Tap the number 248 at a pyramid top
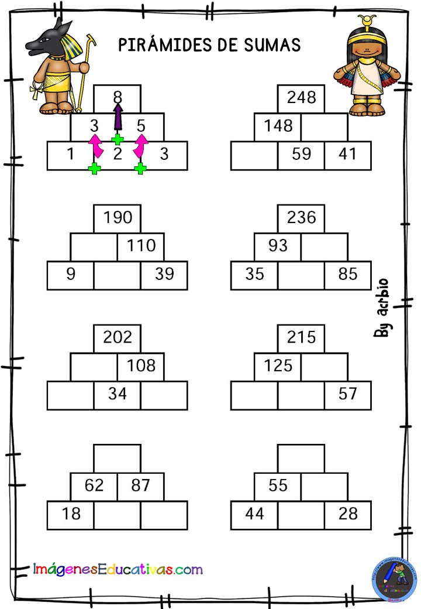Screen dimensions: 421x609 pos(301,97)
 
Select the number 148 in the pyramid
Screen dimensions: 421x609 pos(278,125)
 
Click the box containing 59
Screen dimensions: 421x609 pos(301,156)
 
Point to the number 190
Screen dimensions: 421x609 pos(118,217)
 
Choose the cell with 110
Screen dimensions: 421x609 pos(141,247)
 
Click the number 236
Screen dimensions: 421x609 pos(301,217)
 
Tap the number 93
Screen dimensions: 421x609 pos(278,245)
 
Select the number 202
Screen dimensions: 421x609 pos(118,337)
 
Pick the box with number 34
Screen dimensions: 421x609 pos(117,395)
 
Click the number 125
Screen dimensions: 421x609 pos(278,365)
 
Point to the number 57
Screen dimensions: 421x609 pos(347,394)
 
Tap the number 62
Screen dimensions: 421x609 pos(94,485)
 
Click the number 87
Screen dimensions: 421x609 pos(140,485)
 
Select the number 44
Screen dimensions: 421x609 pos(255,514)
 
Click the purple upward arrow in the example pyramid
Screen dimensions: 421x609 pos(118,117)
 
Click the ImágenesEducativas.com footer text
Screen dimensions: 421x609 pos(118,569)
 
